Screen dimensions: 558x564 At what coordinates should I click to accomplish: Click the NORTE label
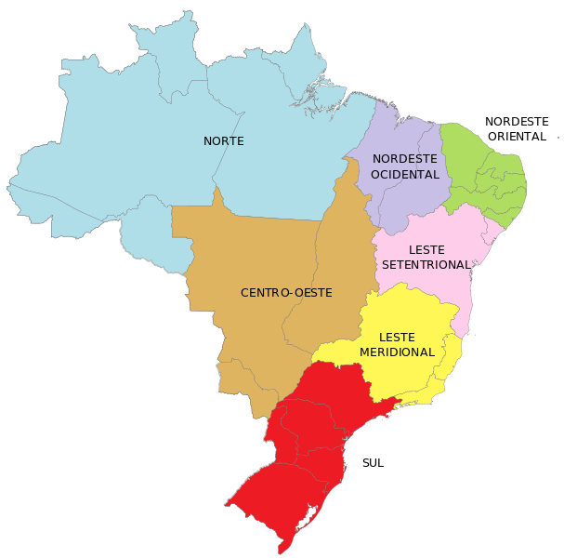[224, 141]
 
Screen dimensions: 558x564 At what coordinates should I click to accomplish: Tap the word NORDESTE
[404, 159]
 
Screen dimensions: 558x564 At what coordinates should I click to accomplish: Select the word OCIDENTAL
[404, 174]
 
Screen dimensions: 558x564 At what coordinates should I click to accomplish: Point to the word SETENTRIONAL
[427, 265]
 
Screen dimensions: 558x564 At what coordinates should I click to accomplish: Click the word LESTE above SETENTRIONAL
[426, 250]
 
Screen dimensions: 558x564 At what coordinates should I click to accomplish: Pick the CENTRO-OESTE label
[286, 293]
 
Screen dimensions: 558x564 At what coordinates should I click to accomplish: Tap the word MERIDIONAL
[397, 352]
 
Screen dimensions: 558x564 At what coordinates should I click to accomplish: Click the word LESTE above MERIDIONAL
[397, 338]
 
